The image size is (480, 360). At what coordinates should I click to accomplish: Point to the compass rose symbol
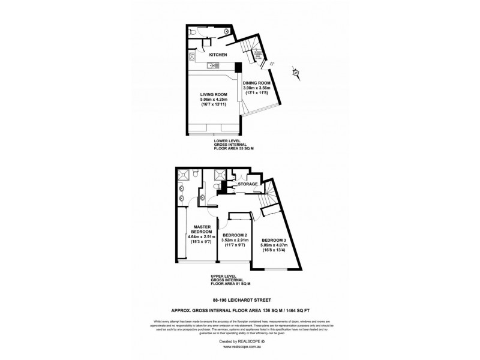tap(296, 73)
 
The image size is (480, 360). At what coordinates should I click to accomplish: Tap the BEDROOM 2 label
tap(234, 235)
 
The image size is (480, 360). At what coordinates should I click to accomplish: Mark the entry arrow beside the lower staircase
tap(271, 63)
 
